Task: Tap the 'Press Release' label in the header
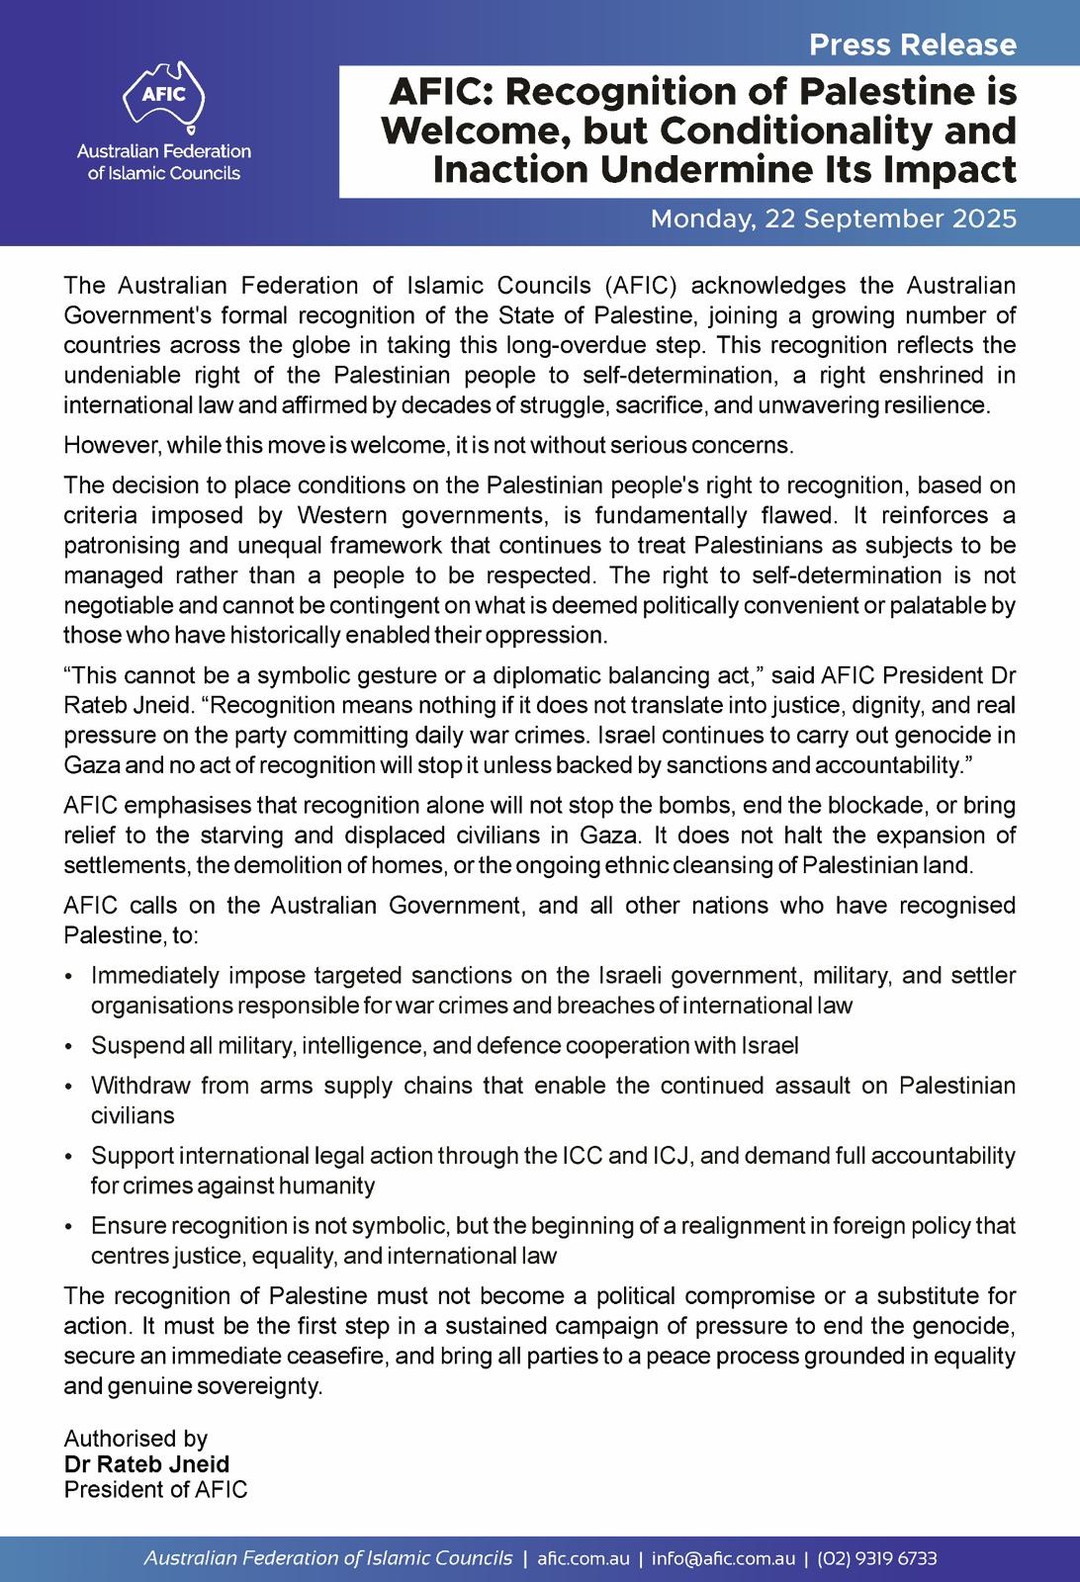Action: pyautogui.click(x=912, y=44)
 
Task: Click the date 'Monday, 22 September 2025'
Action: pyautogui.click(x=833, y=219)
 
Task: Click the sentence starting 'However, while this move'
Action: pyautogui.click(x=427, y=445)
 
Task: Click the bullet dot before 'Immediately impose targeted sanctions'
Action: pyautogui.click(x=68, y=977)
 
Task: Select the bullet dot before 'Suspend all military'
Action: pyautogui.click(x=68, y=1046)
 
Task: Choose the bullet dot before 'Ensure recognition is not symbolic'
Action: pyautogui.click(x=68, y=1226)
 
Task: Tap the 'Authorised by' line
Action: pyautogui.click(x=135, y=1438)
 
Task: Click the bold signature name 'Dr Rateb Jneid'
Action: pyautogui.click(x=146, y=1463)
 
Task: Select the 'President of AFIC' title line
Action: pyautogui.click(x=155, y=1489)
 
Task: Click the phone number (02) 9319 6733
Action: pyautogui.click(x=876, y=1558)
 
